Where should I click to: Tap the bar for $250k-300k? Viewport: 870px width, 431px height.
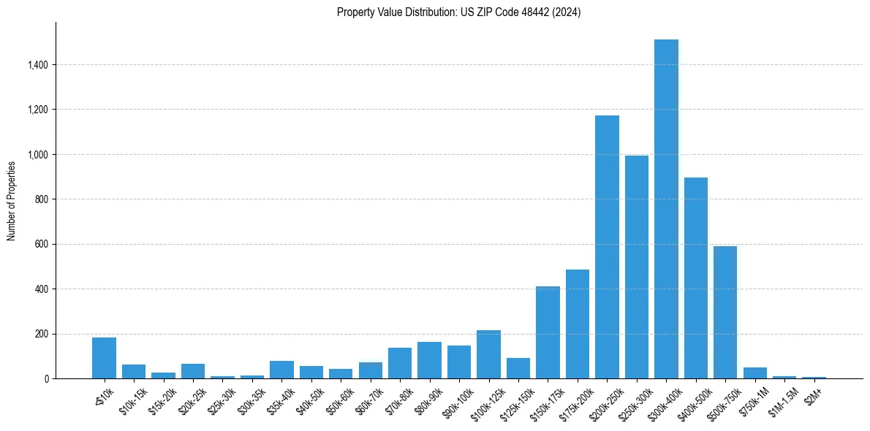point(637,267)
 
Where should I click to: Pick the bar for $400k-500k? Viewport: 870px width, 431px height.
point(695,278)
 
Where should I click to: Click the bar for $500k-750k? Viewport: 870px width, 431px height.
point(725,313)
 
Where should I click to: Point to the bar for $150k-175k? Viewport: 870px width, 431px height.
point(548,332)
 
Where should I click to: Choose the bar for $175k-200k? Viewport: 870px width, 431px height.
point(578,324)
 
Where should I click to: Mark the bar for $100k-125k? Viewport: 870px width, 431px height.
point(488,354)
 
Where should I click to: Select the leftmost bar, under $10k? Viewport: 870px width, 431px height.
point(104,358)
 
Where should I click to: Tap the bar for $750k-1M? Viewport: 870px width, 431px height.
point(754,373)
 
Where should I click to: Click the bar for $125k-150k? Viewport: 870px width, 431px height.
point(518,368)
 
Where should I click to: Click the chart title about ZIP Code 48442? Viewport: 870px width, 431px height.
point(458,12)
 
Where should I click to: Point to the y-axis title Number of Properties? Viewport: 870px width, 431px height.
point(12,200)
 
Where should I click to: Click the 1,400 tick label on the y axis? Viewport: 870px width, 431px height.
point(37,65)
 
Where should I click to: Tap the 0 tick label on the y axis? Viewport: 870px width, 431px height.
point(46,379)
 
